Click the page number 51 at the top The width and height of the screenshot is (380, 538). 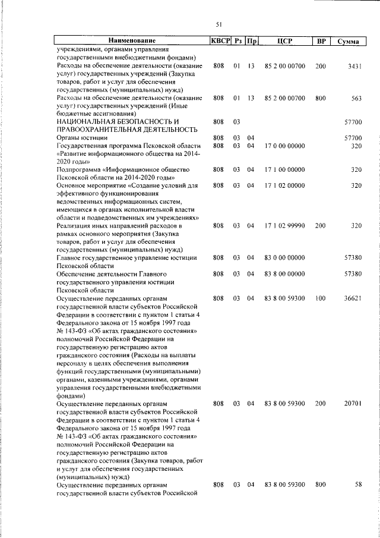tap(218, 24)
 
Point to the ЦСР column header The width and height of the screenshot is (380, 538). tap(284, 41)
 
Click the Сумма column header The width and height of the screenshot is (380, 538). tap(347, 42)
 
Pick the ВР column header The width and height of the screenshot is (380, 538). tap(321, 41)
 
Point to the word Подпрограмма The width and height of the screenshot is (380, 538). tap(81, 169)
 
